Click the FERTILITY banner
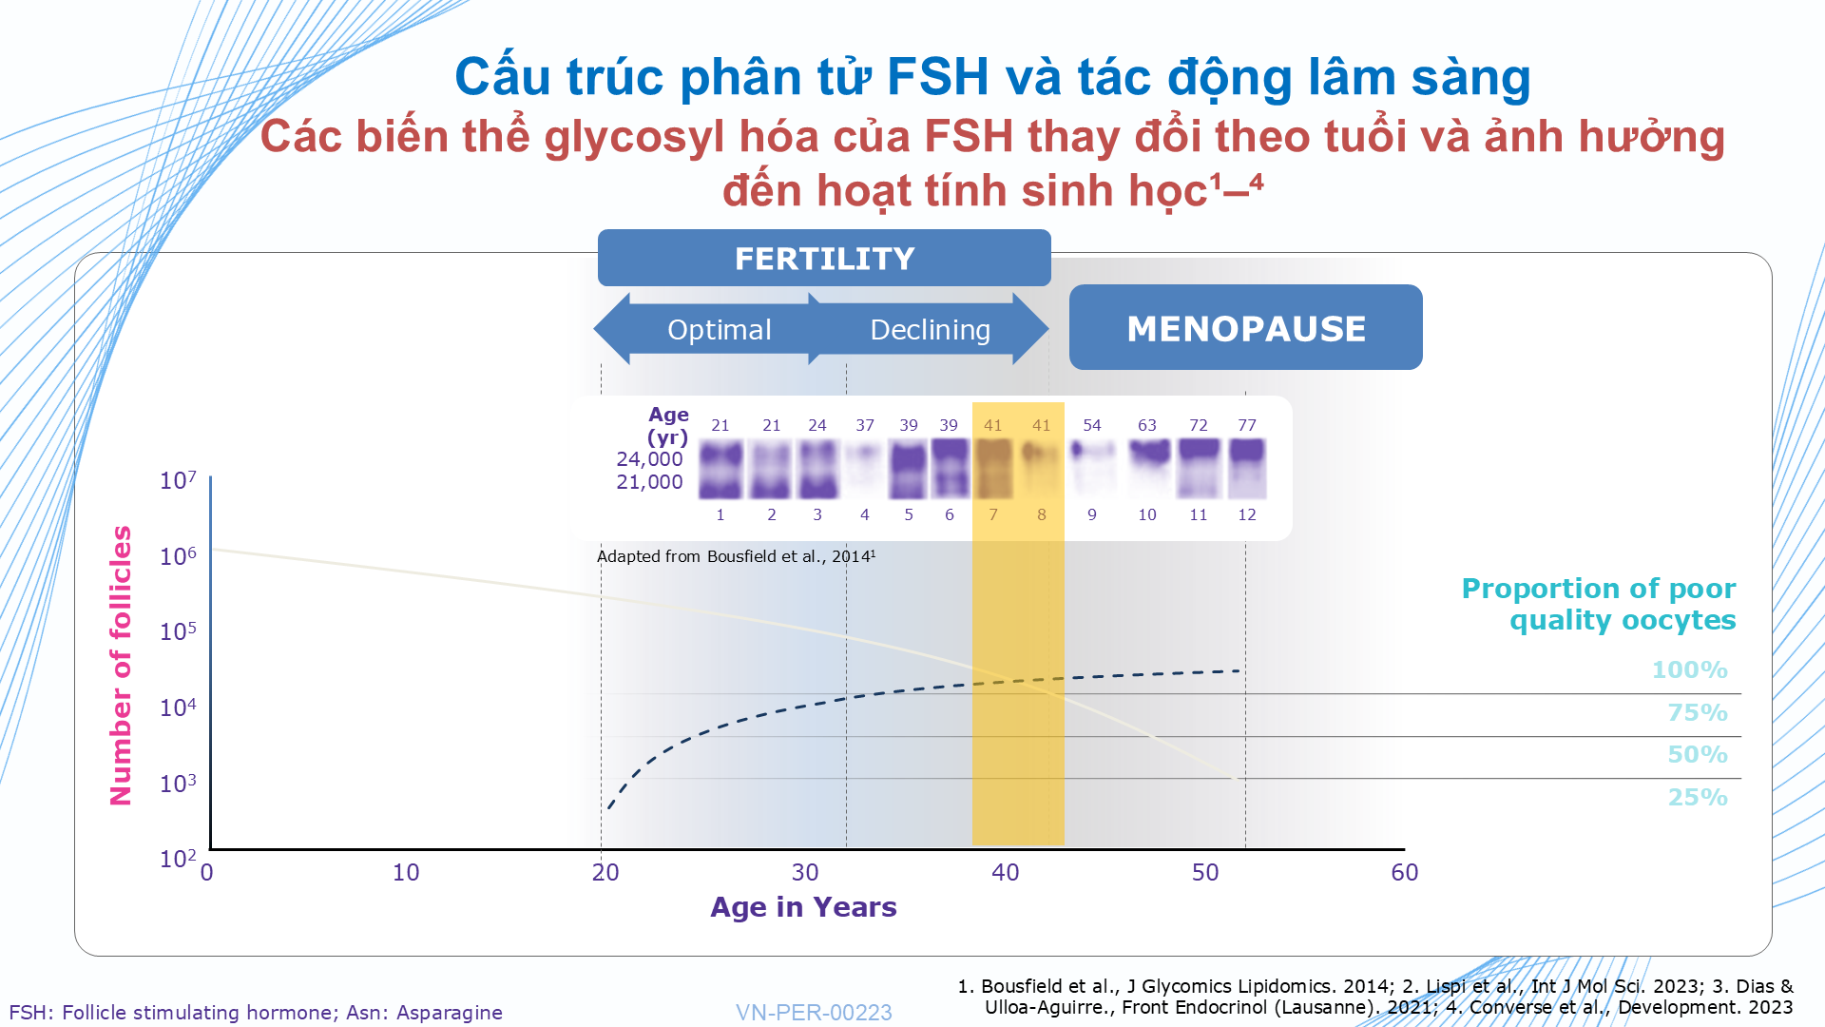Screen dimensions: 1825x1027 click(824, 258)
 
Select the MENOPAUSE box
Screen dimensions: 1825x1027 click(1245, 327)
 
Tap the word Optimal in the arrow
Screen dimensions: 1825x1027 click(720, 330)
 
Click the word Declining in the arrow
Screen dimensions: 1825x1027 click(930, 330)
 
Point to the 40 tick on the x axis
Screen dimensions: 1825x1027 click(1006, 872)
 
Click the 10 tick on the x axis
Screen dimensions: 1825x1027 click(406, 872)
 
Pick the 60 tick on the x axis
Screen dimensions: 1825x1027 click(1405, 872)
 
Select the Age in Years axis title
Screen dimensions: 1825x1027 click(803, 907)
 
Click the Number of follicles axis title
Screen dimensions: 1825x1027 click(121, 666)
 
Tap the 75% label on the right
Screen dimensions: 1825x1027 click(1698, 712)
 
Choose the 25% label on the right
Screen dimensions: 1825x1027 click(1698, 797)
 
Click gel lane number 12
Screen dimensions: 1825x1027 click(1247, 514)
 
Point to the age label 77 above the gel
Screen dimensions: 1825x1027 click(1247, 425)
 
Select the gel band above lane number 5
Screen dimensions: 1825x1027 click(909, 470)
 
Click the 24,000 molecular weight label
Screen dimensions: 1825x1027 click(649, 459)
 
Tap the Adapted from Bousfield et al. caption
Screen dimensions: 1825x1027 click(736, 556)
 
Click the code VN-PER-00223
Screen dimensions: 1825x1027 click(814, 1013)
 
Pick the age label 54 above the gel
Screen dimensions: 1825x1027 click(1092, 425)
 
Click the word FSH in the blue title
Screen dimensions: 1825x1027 click(938, 77)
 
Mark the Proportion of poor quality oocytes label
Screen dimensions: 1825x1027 click(1599, 604)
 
